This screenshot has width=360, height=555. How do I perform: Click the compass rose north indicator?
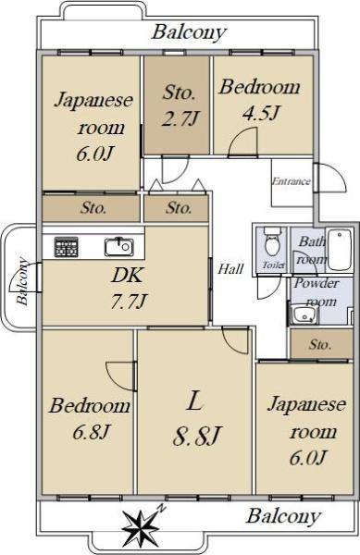tap(141, 526)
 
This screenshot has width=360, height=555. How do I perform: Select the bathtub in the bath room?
tap(340, 250)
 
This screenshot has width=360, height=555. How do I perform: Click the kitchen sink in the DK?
tap(119, 246)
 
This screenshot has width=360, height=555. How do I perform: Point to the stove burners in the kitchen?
tap(67, 247)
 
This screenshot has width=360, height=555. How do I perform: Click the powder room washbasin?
tap(304, 314)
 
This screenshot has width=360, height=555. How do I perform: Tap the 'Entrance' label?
tap(291, 181)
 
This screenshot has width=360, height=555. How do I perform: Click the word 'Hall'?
tap(230, 269)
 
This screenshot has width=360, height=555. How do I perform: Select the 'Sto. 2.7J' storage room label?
tap(180, 105)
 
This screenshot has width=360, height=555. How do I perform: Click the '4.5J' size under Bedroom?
tap(261, 113)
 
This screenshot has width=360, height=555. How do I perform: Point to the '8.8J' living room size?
tap(197, 436)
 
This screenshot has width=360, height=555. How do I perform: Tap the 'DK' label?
tap(127, 275)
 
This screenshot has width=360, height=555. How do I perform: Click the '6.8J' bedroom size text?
tap(91, 432)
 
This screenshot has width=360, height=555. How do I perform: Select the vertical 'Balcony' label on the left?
tap(22, 281)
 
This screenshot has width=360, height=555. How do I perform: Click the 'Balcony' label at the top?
tap(189, 32)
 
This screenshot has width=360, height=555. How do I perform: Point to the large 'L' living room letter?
tap(194, 401)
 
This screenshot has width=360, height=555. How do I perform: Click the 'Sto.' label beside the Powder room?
tap(320, 344)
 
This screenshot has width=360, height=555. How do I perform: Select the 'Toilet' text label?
tap(273, 265)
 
